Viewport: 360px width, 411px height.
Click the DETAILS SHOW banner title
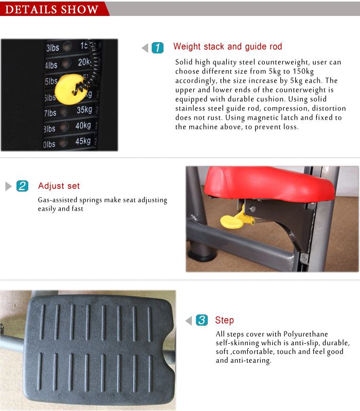coord(50,9)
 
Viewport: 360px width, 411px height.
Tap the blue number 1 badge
coord(158,48)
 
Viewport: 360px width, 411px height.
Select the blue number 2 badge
coord(22,186)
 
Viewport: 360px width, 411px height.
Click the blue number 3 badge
coord(202,321)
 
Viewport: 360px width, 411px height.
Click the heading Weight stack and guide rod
coord(227,47)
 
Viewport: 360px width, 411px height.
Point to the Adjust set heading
coord(59,186)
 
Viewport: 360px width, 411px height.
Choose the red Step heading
coord(224,321)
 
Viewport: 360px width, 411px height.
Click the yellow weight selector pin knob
coord(70,87)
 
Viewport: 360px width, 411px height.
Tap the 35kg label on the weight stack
coord(83,110)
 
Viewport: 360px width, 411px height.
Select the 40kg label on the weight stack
coord(83,126)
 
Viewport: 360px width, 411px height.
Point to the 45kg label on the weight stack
coord(83,141)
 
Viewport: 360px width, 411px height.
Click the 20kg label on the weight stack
coord(84,62)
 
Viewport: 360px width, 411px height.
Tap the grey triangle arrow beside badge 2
coord(8,186)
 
